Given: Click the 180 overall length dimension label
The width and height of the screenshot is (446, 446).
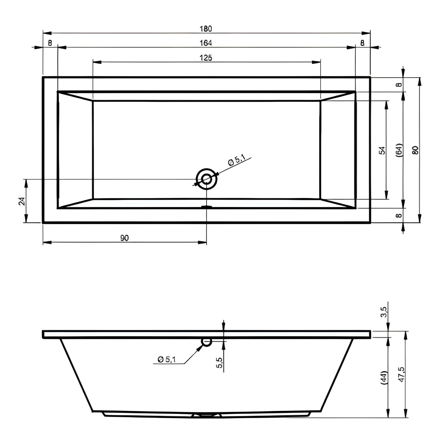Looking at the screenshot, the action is [206, 29].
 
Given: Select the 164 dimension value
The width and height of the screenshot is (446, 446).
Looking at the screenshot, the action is [206, 43].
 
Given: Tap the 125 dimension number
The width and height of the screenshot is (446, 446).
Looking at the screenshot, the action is [206, 58].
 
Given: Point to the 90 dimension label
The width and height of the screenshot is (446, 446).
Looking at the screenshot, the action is [125, 238].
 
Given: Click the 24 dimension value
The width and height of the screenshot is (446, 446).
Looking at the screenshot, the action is [22, 201].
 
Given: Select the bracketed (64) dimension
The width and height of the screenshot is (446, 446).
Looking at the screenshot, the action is [399, 150].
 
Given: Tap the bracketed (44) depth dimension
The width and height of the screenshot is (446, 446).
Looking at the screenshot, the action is [384, 378].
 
